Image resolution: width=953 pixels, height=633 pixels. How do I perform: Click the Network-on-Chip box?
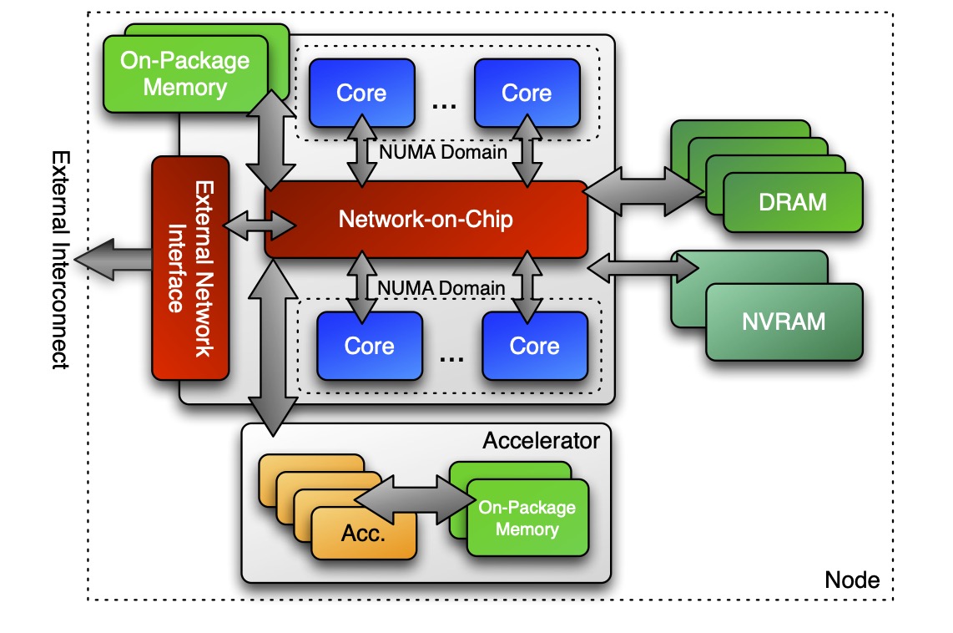click(426, 220)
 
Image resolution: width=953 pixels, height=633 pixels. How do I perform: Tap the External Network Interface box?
click(190, 267)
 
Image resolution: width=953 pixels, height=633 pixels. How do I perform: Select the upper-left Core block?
click(361, 92)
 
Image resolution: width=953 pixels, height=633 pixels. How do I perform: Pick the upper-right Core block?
click(527, 92)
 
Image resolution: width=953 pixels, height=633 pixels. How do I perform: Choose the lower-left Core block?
click(369, 346)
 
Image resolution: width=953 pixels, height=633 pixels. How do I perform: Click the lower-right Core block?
click(534, 346)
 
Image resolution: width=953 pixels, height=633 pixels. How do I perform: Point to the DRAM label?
click(793, 201)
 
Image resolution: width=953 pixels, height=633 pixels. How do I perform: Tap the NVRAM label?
click(784, 322)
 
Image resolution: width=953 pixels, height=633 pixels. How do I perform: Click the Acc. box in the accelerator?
click(363, 534)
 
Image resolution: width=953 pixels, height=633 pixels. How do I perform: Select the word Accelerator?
click(541, 440)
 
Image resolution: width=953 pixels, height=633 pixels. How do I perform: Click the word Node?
click(851, 580)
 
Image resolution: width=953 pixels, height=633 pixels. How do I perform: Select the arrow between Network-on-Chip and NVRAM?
click(643, 268)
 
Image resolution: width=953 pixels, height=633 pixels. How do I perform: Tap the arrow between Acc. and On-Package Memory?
click(414, 499)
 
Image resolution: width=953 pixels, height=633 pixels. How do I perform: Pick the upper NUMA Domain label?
click(442, 152)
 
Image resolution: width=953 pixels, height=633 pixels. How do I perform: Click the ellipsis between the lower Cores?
click(451, 358)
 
